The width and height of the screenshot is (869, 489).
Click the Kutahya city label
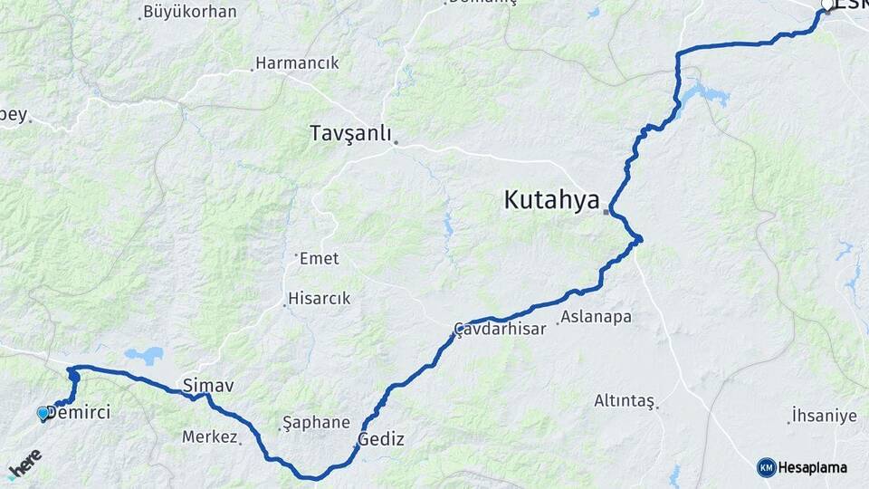tap(551, 199)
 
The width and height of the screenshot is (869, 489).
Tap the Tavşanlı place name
tap(350, 133)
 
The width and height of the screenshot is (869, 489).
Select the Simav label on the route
tap(208, 386)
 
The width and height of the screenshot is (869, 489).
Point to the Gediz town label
tap(381, 439)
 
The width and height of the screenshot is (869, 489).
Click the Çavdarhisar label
tap(501, 329)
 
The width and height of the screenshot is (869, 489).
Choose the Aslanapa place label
tap(596, 317)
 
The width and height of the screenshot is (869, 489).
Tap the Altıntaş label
tap(624, 400)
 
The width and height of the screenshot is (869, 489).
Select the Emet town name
tap(319, 259)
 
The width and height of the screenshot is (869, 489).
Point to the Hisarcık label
tap(319, 298)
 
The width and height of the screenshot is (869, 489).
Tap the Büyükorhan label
tap(190, 13)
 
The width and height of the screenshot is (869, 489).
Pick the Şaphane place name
tap(316, 422)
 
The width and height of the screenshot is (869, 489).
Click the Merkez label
tap(209, 436)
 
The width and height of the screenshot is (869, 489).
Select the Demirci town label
tap(79, 413)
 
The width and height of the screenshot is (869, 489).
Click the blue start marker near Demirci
tap(43, 413)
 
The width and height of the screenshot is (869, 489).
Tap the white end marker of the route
tap(826, 9)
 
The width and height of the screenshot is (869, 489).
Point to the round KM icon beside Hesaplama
tap(766, 467)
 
